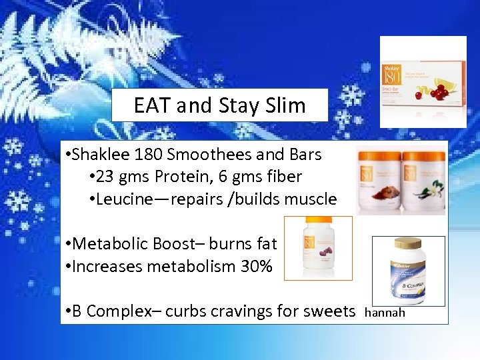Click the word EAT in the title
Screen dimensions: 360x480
(x=152, y=105)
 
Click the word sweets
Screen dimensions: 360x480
(x=331, y=311)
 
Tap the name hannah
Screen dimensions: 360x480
(x=385, y=312)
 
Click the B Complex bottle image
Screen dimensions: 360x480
(x=408, y=269)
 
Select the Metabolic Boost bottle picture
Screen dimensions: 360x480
(x=318, y=246)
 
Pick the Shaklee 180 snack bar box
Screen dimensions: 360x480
(x=423, y=81)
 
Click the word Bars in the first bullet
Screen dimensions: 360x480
(x=305, y=155)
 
